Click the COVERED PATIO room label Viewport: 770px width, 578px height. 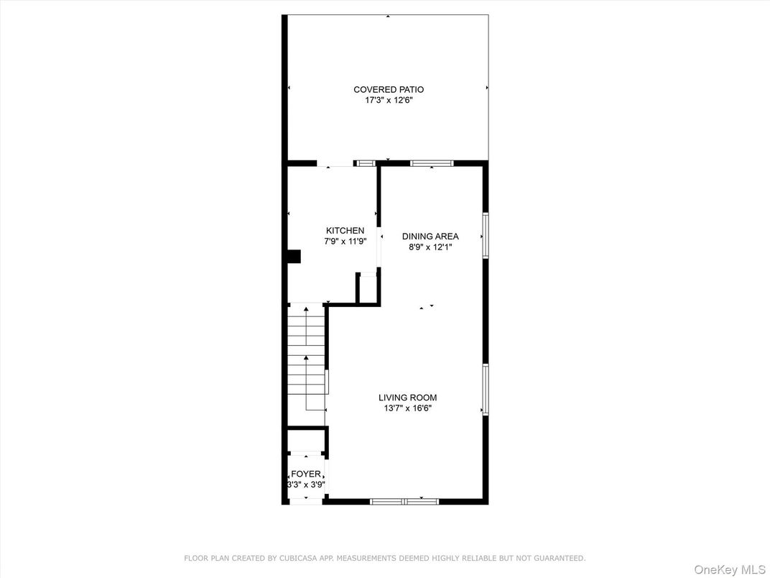(x=388, y=90)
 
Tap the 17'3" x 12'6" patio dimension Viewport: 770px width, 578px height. (x=388, y=101)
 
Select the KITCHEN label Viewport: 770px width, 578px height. (x=345, y=230)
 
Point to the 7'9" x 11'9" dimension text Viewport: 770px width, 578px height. (x=345, y=242)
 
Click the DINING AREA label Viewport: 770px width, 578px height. (x=430, y=236)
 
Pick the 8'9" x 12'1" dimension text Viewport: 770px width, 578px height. (x=430, y=247)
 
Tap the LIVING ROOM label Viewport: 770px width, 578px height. (x=407, y=398)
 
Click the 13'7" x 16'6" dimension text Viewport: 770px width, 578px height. (x=407, y=408)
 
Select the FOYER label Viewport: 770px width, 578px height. (x=306, y=474)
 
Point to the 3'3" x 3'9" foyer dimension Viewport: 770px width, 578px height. (x=306, y=485)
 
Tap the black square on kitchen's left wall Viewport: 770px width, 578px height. (x=294, y=257)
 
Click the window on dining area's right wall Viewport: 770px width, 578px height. (x=486, y=235)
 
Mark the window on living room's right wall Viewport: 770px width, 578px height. (x=486, y=389)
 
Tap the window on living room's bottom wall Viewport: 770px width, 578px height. (x=404, y=501)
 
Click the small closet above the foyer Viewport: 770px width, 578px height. (x=306, y=440)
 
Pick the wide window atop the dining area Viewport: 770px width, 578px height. (x=432, y=163)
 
